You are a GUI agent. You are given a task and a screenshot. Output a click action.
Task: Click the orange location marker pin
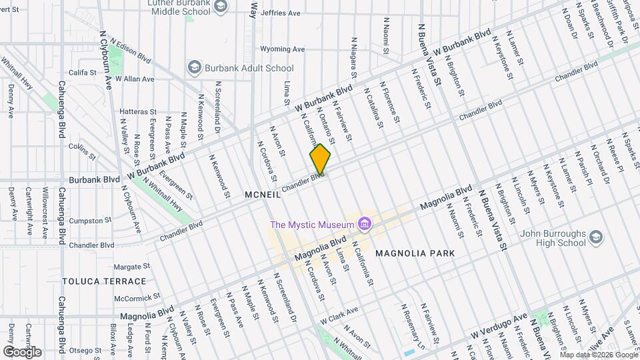[320, 160]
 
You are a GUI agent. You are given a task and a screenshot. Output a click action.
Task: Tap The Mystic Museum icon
[364, 225]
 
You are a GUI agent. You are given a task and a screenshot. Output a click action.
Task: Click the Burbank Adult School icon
[194, 68]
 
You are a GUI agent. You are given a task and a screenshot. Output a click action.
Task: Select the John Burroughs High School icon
[596, 237]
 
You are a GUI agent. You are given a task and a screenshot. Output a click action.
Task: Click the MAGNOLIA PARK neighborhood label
[415, 253]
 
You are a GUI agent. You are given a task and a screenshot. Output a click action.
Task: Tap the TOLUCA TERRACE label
[104, 281]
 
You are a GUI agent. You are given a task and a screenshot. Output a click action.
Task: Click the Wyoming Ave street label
[281, 49]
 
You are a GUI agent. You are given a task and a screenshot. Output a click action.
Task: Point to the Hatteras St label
[138, 112]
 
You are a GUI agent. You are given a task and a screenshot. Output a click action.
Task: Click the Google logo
[22, 351]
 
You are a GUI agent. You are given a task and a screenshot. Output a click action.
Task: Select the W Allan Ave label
[135, 79]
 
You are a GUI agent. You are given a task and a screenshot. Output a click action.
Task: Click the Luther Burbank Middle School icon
[221, 6]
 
